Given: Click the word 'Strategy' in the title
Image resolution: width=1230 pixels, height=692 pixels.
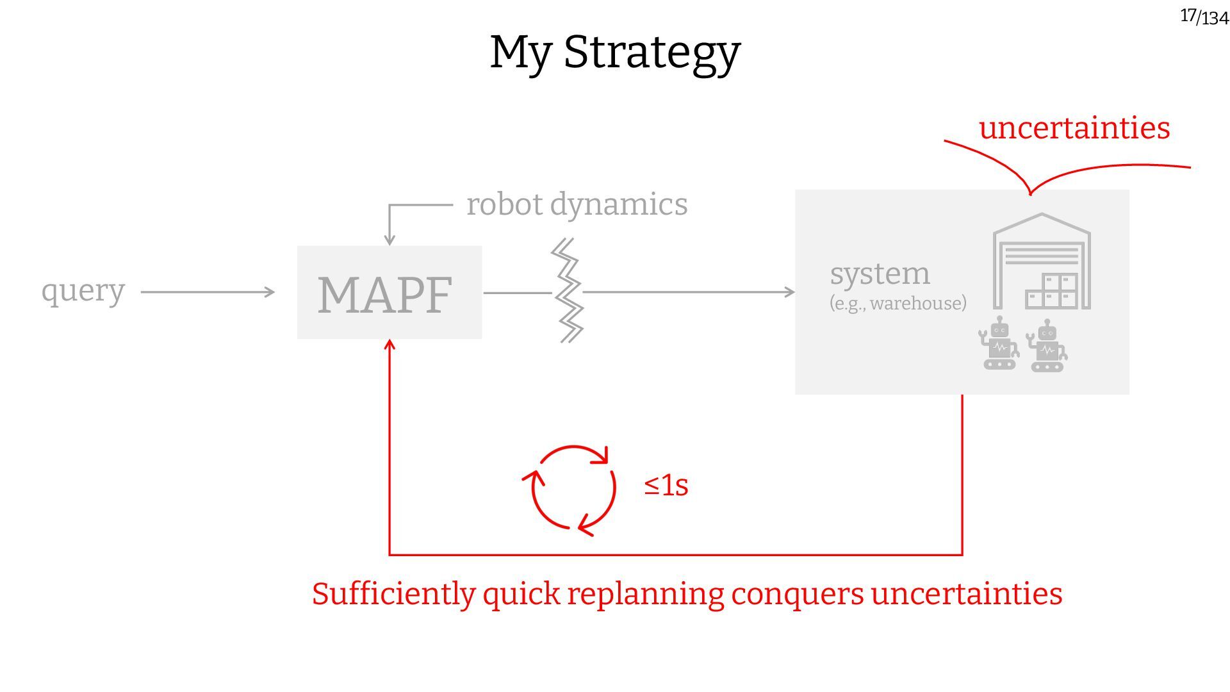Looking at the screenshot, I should tap(652, 53).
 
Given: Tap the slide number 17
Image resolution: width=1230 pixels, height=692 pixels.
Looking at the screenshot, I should tap(1188, 15).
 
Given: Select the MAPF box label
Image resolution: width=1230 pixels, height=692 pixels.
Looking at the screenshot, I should tap(385, 295).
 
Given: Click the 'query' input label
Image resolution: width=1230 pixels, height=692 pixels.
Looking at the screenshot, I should tap(83, 292).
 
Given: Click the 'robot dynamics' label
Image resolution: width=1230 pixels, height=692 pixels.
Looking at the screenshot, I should tap(577, 204).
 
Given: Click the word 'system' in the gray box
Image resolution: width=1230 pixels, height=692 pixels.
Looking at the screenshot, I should tap(880, 274).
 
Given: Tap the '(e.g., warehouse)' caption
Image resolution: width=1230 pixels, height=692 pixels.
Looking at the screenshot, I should tap(898, 303).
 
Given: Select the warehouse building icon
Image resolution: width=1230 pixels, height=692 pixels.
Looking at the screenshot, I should tap(1042, 262).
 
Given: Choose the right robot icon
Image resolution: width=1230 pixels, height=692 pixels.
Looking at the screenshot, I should tap(1047, 347).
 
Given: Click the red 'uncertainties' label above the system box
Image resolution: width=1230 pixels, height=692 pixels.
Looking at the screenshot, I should tap(1074, 128).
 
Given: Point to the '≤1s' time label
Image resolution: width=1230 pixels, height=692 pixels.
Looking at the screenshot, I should tap(666, 486).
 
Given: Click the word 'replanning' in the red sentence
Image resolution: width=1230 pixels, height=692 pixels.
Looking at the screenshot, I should tap(645, 594).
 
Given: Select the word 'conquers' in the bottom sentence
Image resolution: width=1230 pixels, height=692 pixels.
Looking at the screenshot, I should tap(797, 594).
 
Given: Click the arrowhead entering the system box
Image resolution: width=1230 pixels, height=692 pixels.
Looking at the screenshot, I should tap(789, 292).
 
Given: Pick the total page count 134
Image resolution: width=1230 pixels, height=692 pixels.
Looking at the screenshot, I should tap(1215, 19).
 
